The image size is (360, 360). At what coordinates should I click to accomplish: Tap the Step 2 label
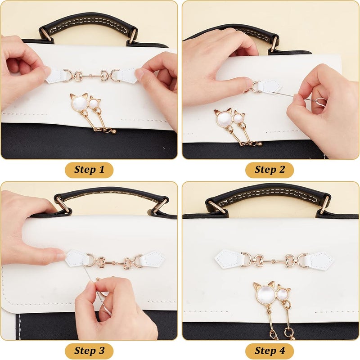tap(270, 170)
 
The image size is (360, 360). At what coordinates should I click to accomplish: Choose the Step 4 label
tap(270, 351)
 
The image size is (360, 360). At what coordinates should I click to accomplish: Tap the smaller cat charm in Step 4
tap(283, 294)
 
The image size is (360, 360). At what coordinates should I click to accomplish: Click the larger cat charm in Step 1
tap(80, 103)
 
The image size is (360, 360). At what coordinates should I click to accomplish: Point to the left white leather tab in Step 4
tap(228, 258)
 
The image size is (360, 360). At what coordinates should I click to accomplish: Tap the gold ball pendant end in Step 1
tap(113, 131)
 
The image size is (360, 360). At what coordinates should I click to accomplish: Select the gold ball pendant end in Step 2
tap(260, 144)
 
